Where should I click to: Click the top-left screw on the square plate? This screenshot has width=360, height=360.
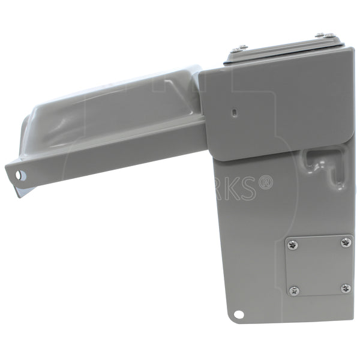(x=293, y=244)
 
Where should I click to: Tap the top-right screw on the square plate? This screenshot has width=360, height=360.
(x=345, y=242)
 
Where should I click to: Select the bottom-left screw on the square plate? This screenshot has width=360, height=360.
(x=293, y=291)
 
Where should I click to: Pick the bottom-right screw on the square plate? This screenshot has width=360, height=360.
(x=346, y=289)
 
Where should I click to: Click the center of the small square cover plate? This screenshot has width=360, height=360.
(x=319, y=266)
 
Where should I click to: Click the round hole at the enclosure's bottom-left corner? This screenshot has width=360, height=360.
(x=239, y=314)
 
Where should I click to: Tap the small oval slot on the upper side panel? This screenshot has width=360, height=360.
(x=235, y=112)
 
